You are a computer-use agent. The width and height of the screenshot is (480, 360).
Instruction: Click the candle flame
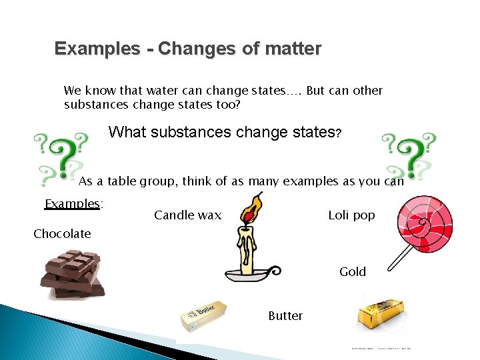pyautogui.click(x=251, y=209)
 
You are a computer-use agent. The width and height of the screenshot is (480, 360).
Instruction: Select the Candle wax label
pyautogui.click(x=187, y=215)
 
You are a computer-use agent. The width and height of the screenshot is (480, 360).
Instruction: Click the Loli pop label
pyautogui.click(x=351, y=215)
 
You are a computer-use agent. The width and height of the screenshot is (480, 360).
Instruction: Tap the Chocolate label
pyautogui.click(x=62, y=234)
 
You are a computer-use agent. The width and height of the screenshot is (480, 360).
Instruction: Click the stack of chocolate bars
pyautogui.click(x=72, y=273)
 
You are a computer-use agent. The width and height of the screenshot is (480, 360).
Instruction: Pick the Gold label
pyautogui.click(x=352, y=272)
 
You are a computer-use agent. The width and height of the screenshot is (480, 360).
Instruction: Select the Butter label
pyautogui.click(x=285, y=316)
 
